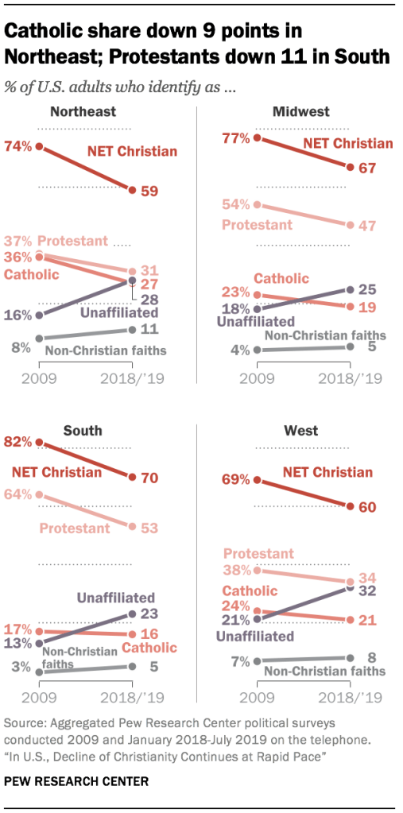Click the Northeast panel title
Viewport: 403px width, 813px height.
[83, 111]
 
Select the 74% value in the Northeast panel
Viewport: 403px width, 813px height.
[18, 146]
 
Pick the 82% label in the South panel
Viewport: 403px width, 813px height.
[19, 442]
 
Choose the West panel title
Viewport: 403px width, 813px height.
[300, 431]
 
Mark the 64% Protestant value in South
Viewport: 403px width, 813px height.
[19, 494]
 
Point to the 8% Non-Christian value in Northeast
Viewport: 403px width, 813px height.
[21, 346]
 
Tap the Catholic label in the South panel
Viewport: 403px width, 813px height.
[150, 648]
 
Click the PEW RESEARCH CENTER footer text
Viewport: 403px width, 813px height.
[77, 781]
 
